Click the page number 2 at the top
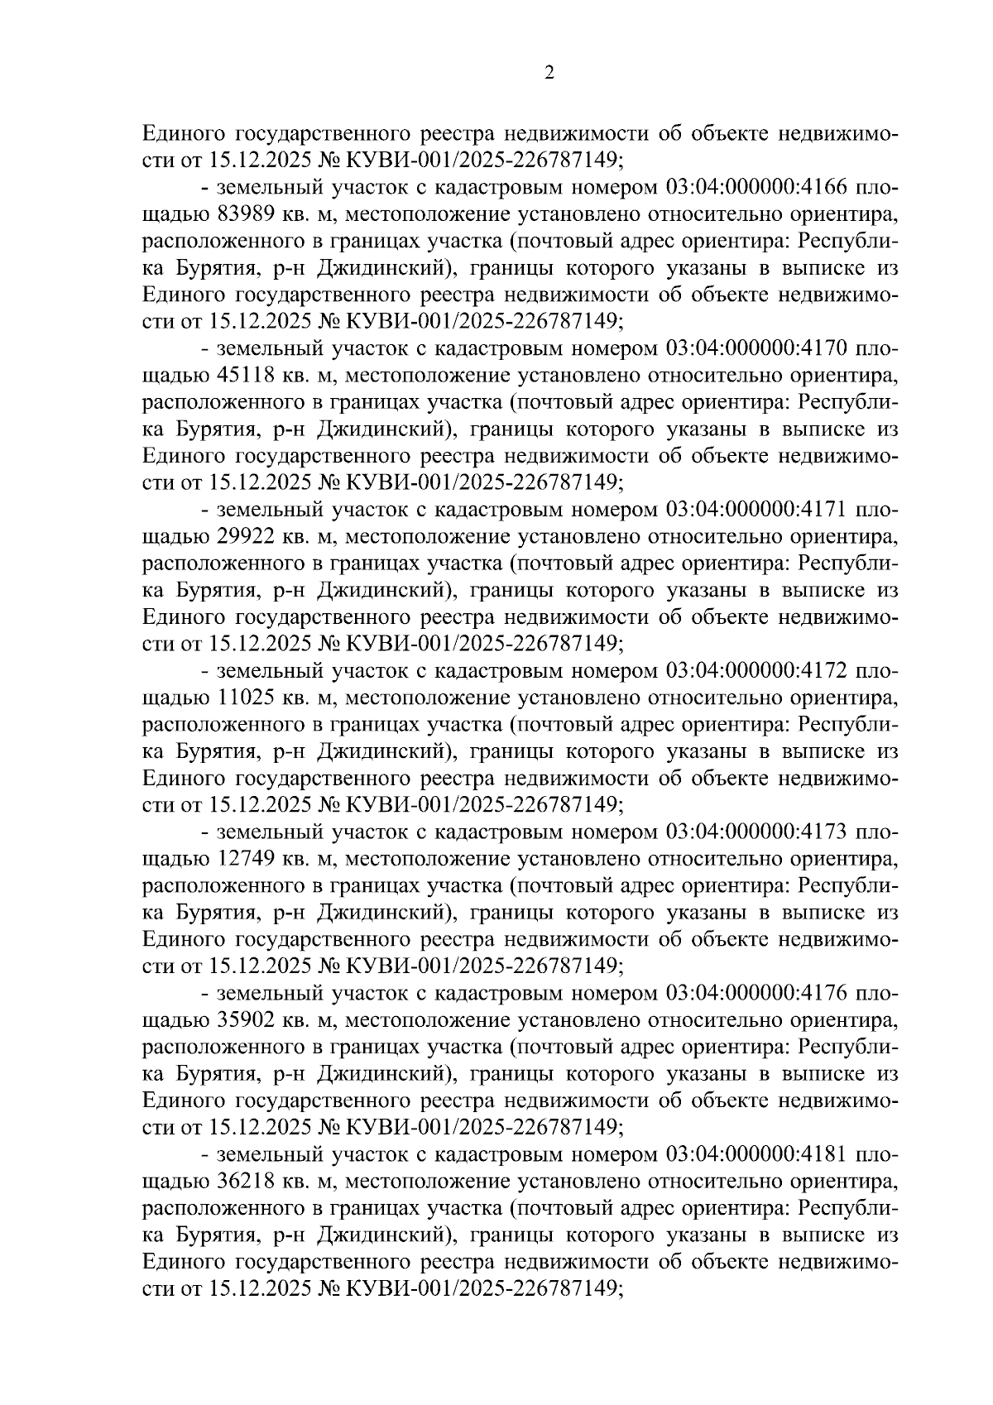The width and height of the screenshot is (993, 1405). click(x=549, y=74)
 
